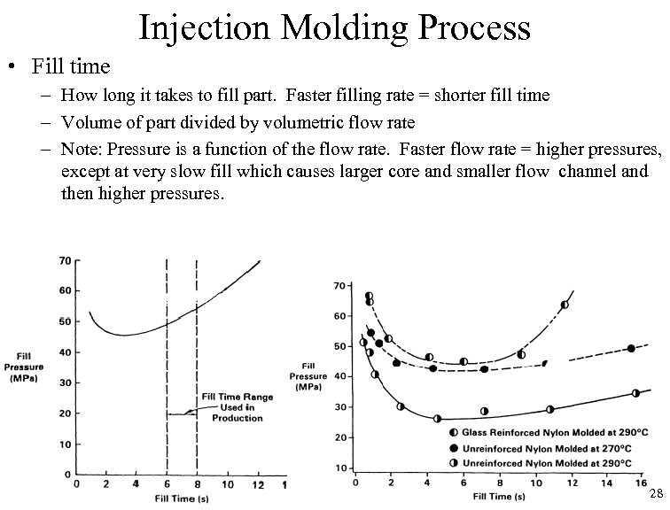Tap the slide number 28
(x=656, y=493)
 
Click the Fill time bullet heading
(x=70, y=66)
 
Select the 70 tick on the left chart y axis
(x=65, y=260)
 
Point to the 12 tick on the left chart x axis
(x=258, y=484)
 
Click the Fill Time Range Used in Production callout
(x=238, y=407)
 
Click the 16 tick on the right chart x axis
(x=635, y=484)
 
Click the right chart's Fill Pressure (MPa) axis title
(x=308, y=376)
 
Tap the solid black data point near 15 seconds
(x=631, y=348)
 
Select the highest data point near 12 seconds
(x=565, y=305)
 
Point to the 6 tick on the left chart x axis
(x=167, y=484)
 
